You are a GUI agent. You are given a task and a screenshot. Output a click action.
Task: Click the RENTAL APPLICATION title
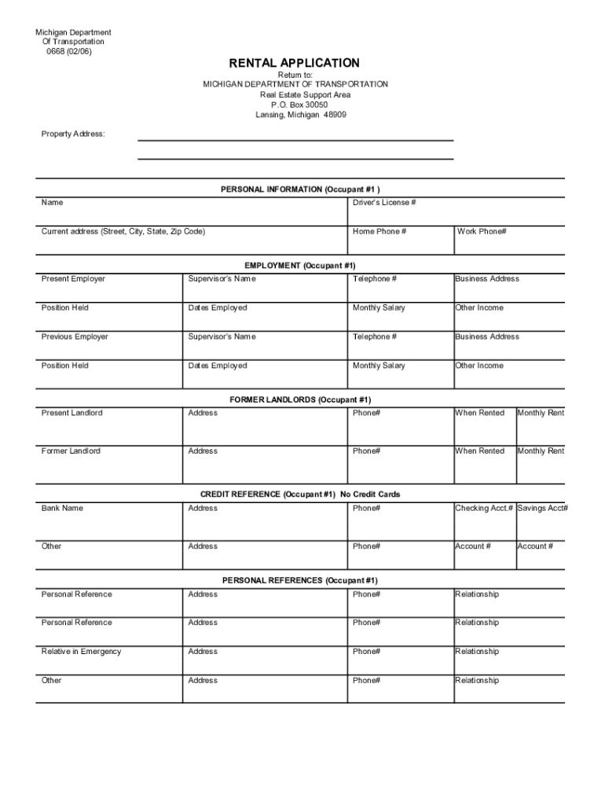[295, 63]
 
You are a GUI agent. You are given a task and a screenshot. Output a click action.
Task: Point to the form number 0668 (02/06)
[73, 52]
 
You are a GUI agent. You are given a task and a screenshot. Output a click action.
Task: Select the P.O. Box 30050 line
[295, 105]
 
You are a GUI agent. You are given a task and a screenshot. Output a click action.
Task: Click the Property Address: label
[73, 134]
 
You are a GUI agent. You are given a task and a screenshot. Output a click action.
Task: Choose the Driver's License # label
[384, 203]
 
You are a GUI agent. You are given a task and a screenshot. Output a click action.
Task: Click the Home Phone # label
[379, 232]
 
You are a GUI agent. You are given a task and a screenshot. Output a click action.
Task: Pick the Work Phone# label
[482, 232]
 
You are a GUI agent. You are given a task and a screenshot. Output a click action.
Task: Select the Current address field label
[123, 232]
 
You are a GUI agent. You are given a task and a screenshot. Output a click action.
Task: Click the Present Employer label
[73, 279]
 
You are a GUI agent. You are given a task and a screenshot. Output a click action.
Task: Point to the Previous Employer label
[75, 337]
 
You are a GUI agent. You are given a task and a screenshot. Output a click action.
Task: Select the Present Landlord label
[71, 414]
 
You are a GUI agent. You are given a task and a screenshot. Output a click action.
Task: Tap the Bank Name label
[62, 509]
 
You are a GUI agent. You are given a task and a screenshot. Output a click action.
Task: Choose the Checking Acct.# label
[484, 509]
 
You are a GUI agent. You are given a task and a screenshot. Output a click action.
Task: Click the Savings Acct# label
[542, 509]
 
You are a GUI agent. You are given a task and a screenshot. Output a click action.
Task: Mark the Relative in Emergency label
[81, 652]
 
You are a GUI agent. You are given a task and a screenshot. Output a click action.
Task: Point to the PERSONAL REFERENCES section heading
[299, 581]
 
